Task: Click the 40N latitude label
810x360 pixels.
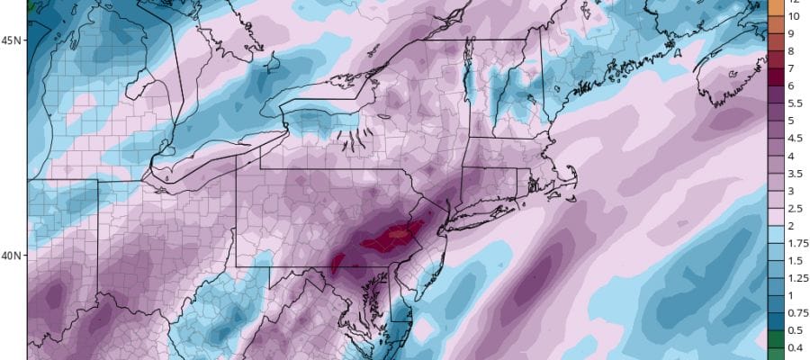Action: pos(13,256)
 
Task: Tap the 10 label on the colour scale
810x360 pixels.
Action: pos(794,16)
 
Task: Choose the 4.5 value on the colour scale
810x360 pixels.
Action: pos(794,138)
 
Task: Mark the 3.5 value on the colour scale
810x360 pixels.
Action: pos(794,173)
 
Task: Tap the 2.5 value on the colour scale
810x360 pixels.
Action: pos(794,208)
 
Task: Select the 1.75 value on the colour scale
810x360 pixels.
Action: pos(796,243)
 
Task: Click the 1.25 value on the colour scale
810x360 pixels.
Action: pos(796,277)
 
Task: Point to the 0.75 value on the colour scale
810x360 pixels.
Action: pos(796,312)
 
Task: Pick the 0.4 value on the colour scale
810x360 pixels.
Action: pos(794,347)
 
